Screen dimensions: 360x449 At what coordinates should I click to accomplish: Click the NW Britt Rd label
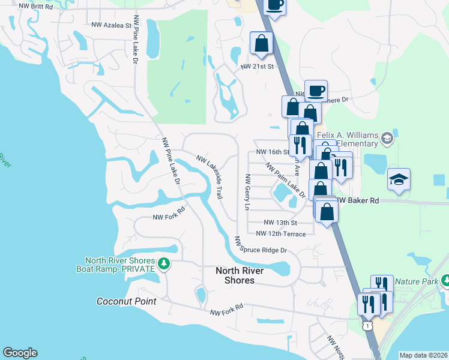[36, 5]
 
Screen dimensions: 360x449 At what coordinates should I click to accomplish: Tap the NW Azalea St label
[111, 26]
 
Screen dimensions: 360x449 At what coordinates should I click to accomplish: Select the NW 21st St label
[257, 67]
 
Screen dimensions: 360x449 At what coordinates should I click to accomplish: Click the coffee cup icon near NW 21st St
[316, 92]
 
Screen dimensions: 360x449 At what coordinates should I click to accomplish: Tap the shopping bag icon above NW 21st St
[262, 43]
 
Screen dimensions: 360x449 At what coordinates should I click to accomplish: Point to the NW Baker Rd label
[360, 201]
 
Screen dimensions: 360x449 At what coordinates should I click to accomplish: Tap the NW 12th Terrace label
[280, 233]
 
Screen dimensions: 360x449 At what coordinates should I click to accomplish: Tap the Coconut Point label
[127, 301]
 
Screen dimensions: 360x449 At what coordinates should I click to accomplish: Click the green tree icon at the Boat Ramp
[163, 263]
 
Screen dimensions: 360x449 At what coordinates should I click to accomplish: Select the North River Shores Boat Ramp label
[119, 265]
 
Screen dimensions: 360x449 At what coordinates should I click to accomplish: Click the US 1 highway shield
[366, 325]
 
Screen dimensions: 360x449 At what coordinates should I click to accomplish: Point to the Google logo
[20, 353]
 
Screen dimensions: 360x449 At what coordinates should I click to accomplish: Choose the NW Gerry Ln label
[246, 192]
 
